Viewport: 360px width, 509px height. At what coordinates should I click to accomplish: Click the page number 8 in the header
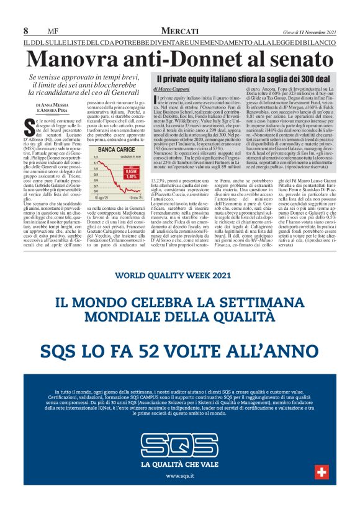(25, 30)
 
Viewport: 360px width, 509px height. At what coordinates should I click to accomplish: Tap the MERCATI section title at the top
(179, 30)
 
